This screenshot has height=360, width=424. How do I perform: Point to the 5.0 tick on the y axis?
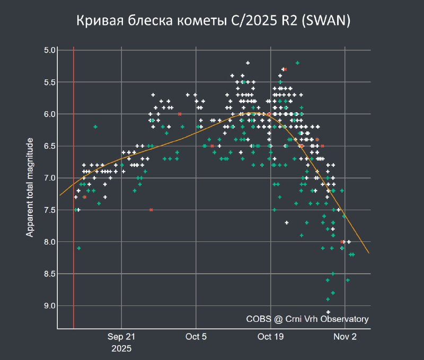[x=50, y=50]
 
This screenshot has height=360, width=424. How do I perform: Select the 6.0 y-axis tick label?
[x=50, y=114]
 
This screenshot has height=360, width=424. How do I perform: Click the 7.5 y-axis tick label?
[x=50, y=210]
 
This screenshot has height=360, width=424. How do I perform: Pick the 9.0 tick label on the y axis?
[x=50, y=305]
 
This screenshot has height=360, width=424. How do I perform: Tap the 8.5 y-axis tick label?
[x=50, y=274]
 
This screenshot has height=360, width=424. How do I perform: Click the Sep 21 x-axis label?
[x=121, y=337]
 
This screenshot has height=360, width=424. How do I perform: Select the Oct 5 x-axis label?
[x=196, y=337]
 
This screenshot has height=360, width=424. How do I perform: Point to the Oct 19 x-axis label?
[x=271, y=337]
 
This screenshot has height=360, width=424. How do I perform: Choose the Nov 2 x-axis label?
[x=346, y=337]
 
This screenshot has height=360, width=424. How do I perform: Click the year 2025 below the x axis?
[x=121, y=349]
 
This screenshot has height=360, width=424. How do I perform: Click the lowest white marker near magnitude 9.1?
[x=328, y=312]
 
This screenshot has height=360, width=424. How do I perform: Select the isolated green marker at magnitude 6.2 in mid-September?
[x=95, y=127]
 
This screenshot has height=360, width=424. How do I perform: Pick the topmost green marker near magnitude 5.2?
[x=297, y=63]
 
